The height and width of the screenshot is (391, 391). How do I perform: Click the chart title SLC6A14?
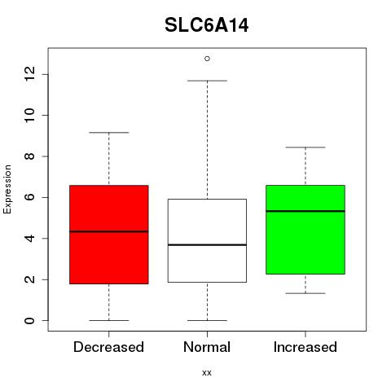click(207, 25)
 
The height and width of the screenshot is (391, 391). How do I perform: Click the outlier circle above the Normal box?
click(207, 59)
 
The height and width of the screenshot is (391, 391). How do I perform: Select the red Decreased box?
click(109, 235)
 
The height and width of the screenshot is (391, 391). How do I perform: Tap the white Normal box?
click(207, 240)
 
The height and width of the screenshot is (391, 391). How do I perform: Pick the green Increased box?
click(305, 230)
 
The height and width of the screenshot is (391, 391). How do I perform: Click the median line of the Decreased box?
click(109, 231)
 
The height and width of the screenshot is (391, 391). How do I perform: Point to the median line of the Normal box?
click(207, 245)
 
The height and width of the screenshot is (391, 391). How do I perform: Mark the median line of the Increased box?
click(305, 211)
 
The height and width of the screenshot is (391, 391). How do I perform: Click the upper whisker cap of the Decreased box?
click(109, 133)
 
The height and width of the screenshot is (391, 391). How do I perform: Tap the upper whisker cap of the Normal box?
click(207, 81)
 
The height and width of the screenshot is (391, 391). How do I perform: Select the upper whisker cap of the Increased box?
click(305, 147)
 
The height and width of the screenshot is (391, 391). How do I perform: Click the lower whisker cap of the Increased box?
click(305, 293)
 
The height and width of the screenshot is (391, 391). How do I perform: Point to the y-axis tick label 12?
click(29, 74)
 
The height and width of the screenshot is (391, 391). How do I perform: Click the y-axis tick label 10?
click(29, 115)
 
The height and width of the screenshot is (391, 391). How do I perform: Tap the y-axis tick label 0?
click(29, 321)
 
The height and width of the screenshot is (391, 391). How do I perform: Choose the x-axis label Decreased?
click(108, 347)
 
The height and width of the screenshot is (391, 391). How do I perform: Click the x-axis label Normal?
click(207, 347)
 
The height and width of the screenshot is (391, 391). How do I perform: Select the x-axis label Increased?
click(305, 347)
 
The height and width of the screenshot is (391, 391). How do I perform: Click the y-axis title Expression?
click(7, 189)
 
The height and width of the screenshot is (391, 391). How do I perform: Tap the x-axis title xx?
click(207, 372)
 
